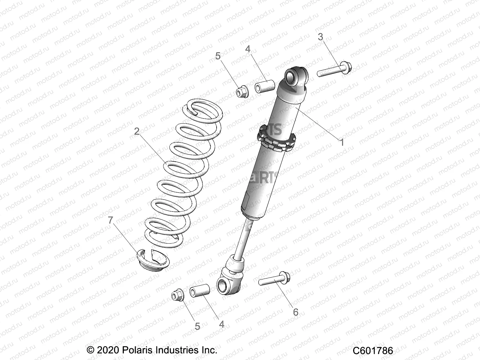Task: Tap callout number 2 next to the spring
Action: pos(137,131)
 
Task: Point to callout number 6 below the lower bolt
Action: pos(295,312)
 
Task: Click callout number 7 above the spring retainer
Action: pos(110,220)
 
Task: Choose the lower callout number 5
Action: pos(197,326)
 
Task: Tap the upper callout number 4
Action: pos(248,49)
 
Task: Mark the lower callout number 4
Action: pos(221,324)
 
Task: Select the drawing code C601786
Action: pos(373,350)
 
